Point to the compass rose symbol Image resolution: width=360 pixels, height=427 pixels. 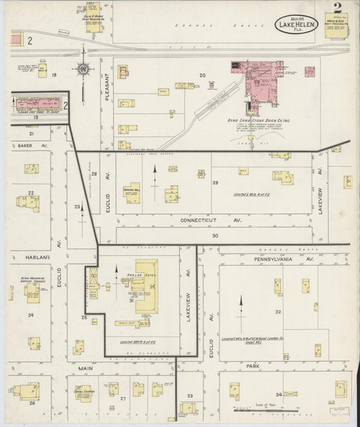click(x=82, y=69)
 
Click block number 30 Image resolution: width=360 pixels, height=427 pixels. click(x=215, y=236)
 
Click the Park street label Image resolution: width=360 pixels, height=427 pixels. click(x=253, y=366)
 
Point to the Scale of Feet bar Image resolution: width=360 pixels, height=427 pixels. click(x=268, y=409)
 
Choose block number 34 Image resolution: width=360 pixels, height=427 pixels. click(x=278, y=394)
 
